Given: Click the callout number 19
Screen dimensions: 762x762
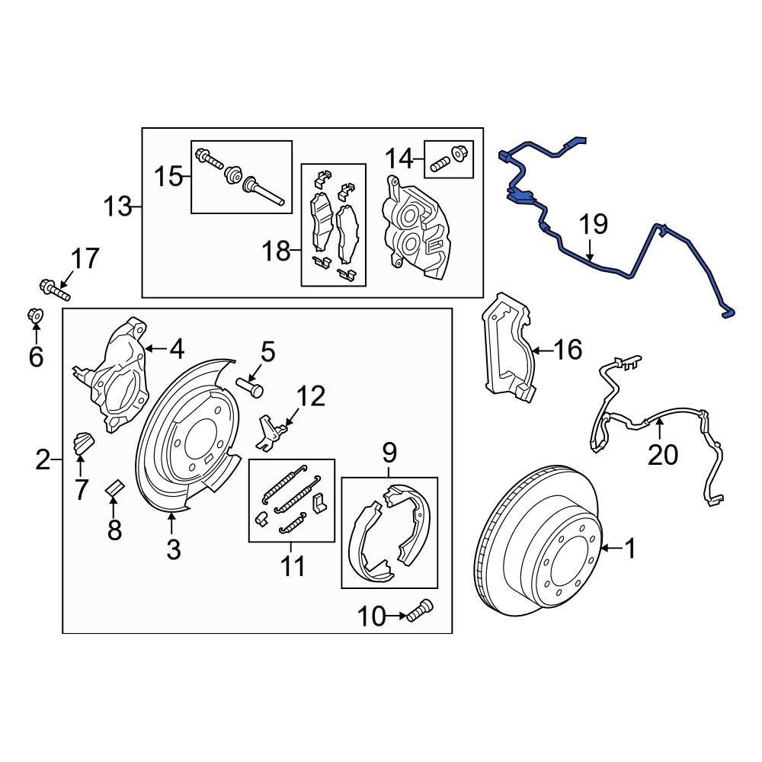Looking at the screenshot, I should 593,225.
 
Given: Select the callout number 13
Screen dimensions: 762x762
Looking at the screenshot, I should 118,207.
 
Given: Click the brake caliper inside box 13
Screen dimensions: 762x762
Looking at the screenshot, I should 415,225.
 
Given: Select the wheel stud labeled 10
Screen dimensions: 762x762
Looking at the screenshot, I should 418,610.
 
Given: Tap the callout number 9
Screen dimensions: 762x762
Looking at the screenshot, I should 389,455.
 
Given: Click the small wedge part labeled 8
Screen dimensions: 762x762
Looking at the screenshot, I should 114,486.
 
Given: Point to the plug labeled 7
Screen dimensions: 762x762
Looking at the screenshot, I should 82,442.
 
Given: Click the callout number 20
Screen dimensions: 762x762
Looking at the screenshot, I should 662,455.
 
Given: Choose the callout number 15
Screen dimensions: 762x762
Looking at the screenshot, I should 169,178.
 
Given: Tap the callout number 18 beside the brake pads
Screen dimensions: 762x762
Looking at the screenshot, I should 278,251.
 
